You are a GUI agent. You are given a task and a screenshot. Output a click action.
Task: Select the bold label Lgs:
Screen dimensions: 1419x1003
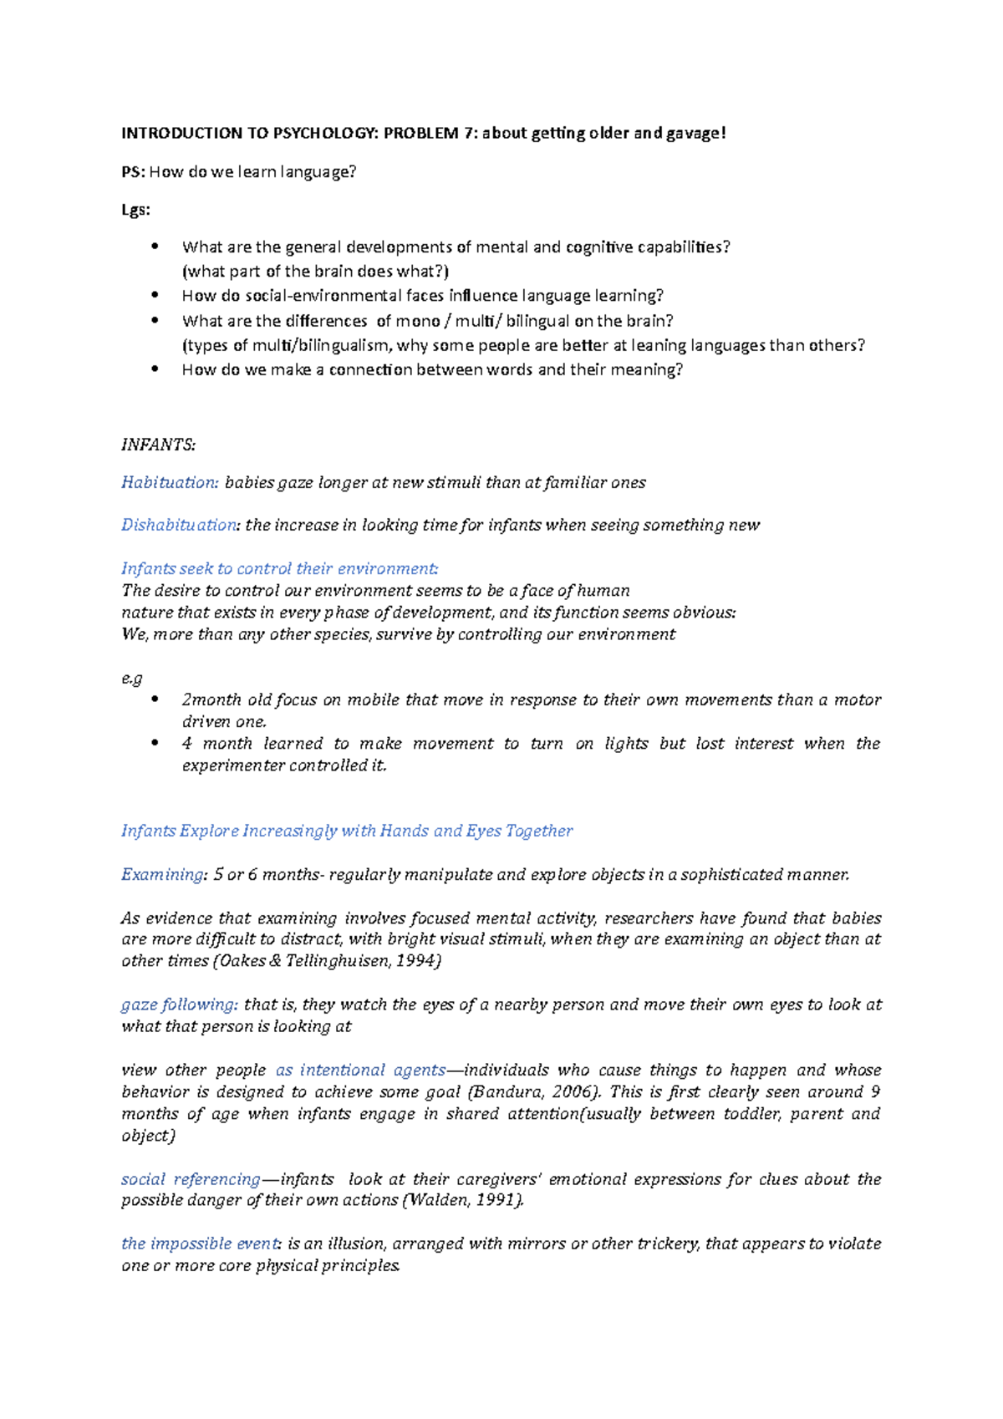(135, 210)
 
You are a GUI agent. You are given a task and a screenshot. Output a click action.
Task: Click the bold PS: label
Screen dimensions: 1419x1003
(133, 172)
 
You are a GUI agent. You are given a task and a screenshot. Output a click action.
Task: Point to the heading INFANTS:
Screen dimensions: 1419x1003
(158, 445)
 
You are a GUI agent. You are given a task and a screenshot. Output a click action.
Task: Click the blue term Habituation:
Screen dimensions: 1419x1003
(170, 482)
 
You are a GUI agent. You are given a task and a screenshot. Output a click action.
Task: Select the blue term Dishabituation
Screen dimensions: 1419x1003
(179, 525)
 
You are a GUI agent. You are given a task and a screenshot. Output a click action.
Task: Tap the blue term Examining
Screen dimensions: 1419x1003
(162, 874)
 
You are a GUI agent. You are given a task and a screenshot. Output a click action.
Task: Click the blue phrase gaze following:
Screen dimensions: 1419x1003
(180, 1004)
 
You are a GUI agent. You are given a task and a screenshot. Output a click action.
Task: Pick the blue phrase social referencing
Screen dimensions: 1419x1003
(191, 1179)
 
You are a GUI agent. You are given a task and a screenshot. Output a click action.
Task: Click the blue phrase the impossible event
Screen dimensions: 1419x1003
(199, 1244)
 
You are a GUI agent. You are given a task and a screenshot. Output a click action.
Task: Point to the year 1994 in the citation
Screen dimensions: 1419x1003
(415, 961)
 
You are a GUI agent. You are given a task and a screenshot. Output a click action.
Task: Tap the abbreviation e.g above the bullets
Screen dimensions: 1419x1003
(132, 678)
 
